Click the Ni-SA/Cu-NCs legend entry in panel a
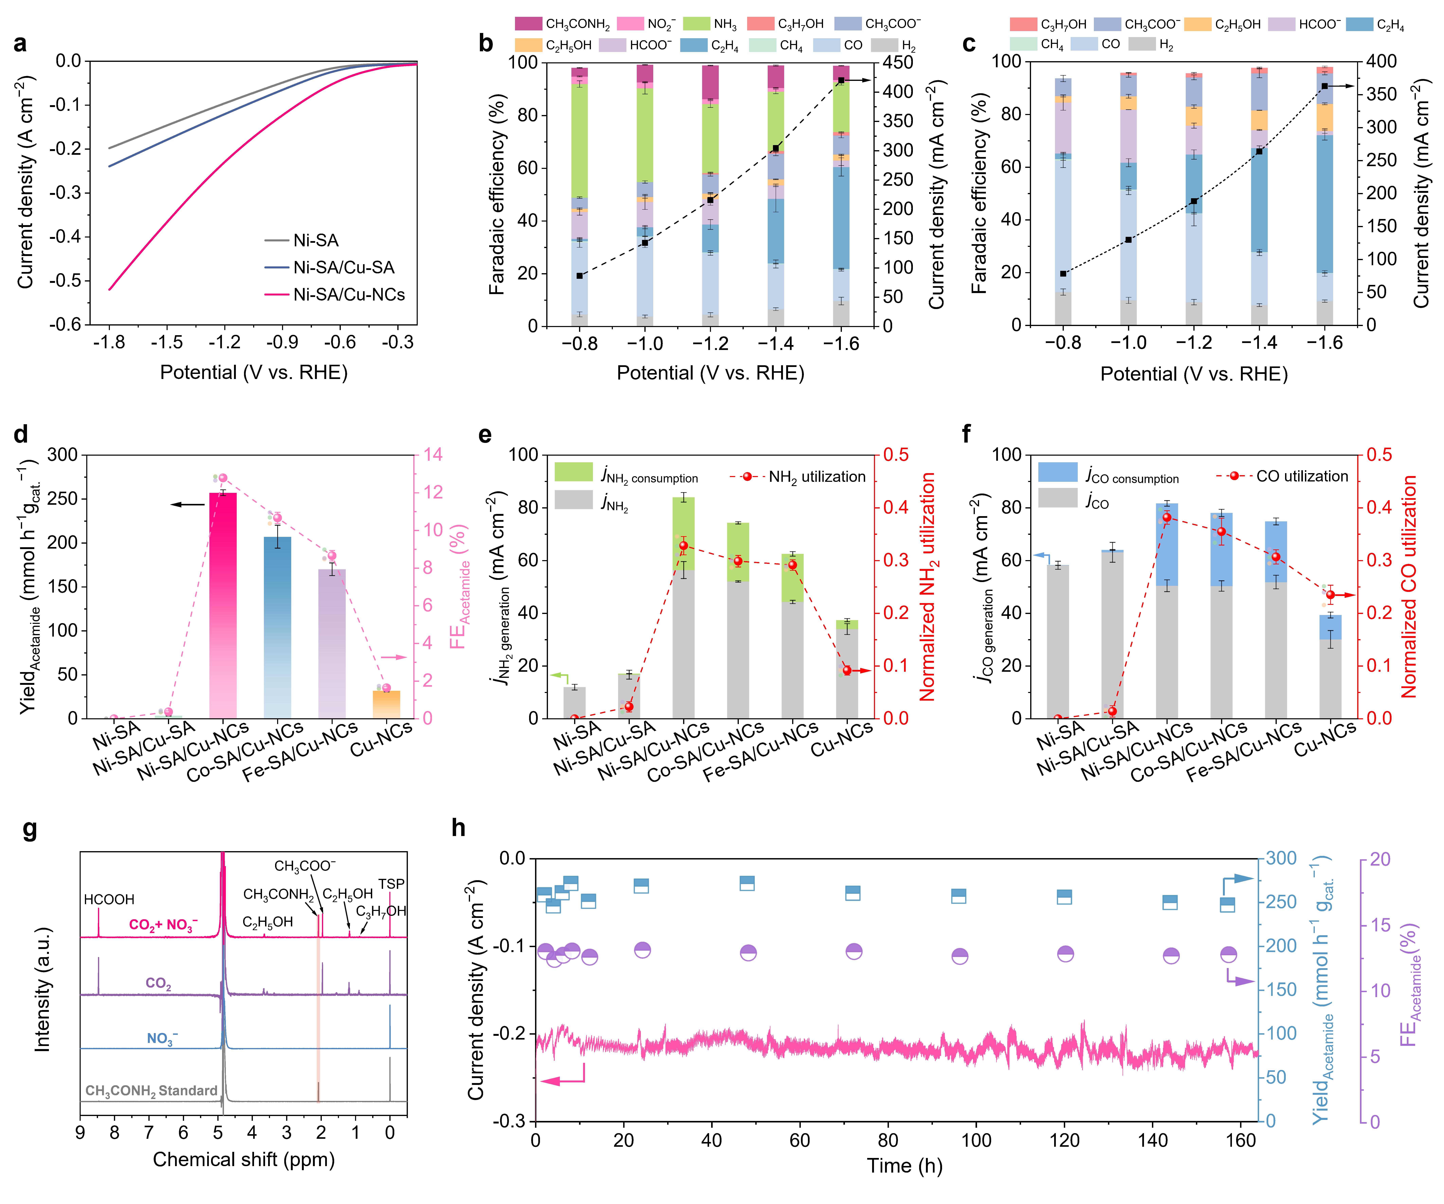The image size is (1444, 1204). click(335, 294)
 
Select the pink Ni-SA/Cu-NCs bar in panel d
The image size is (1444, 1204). click(223, 605)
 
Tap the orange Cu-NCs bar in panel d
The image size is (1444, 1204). click(386, 705)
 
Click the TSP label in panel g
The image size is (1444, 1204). click(391, 884)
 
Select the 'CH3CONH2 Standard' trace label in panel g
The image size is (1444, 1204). click(151, 1091)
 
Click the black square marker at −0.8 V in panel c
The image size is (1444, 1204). click(1063, 274)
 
